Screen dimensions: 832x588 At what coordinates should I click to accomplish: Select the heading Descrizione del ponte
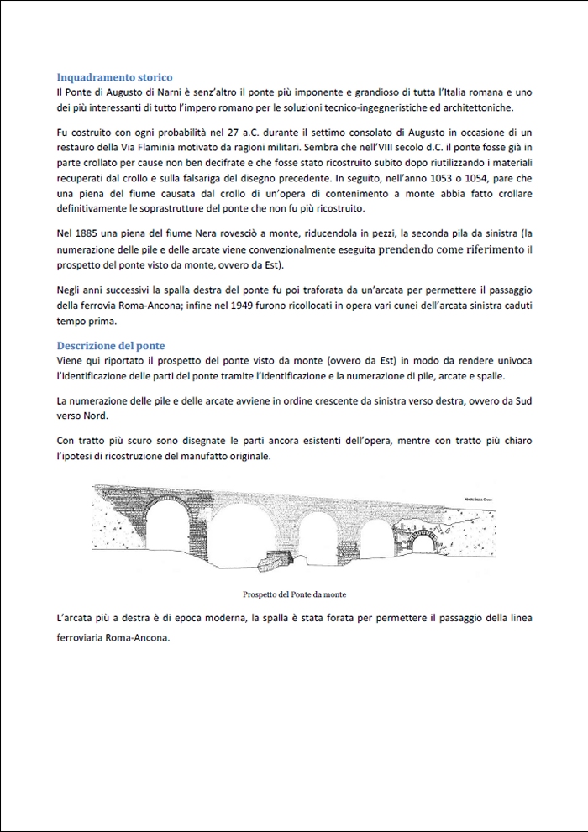(111, 346)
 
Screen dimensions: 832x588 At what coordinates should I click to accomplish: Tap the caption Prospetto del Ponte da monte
(293, 594)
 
